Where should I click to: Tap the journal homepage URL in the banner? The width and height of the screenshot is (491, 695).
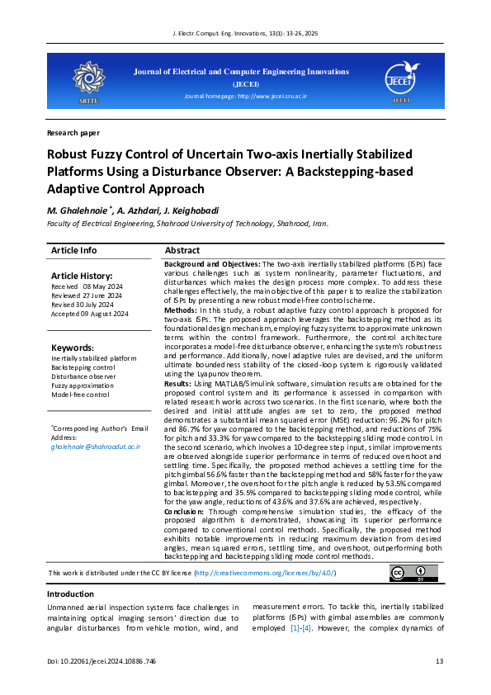click(271, 97)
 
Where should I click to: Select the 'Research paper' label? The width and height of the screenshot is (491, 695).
click(73, 132)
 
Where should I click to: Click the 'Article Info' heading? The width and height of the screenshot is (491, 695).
click(73, 250)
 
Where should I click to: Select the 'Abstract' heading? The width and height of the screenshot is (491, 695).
click(182, 250)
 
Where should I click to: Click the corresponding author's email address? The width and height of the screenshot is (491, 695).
click(96, 446)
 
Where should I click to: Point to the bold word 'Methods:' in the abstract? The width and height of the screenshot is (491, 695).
click(181, 310)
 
